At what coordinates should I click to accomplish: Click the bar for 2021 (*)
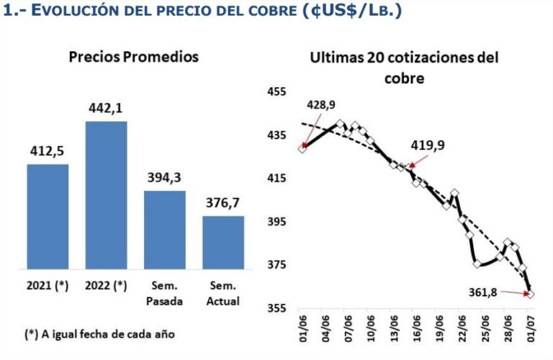48,217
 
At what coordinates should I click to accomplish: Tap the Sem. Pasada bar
164,230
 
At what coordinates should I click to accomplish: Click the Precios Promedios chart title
133,56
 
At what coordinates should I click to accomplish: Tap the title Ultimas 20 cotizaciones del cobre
404,67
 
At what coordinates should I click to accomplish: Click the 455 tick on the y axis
277,91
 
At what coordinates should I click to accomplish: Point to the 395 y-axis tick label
277,222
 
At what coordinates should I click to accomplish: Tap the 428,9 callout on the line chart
320,105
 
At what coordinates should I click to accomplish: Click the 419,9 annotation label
428,145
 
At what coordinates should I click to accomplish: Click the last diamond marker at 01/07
531,293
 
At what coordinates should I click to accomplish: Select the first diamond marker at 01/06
302,148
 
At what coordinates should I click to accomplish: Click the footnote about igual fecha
100,334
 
